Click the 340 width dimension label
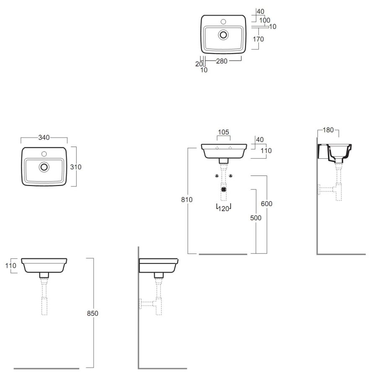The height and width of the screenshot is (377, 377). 44,137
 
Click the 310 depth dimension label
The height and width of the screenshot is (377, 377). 76,167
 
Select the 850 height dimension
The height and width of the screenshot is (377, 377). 93,313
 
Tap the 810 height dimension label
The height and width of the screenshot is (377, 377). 187,199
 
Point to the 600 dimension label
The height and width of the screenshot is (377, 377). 267,204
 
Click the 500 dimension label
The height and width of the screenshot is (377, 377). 256,218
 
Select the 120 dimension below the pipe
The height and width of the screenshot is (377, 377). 224,209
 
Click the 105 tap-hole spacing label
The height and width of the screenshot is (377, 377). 223,132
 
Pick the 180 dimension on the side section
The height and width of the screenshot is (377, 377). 328,130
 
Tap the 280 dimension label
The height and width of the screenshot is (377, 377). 222,61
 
